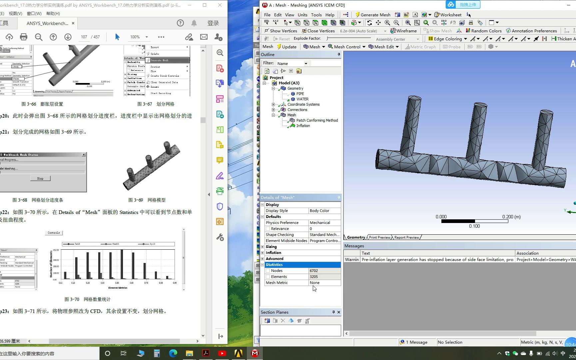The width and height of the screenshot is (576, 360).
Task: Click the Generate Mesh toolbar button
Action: point(372,15)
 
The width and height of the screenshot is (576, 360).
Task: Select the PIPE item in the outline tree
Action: point(300,94)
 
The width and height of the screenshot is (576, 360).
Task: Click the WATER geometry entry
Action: point(302,99)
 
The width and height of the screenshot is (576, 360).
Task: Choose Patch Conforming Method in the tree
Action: point(317,120)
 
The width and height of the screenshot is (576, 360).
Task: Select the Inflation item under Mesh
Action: point(303,126)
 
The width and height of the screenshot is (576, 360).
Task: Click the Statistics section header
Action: point(274,265)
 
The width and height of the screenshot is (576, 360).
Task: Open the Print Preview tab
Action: point(379,237)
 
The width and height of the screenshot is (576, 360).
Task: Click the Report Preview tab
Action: point(406,237)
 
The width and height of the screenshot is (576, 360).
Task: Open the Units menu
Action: point(302,15)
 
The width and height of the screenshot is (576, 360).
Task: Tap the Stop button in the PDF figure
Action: point(40,179)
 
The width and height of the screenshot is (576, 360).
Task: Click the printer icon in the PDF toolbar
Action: point(24,37)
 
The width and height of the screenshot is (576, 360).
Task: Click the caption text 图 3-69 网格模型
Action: point(147,200)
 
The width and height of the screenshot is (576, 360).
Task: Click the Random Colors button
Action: point(484,31)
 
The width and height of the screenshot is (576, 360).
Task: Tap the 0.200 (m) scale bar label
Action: point(511,217)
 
